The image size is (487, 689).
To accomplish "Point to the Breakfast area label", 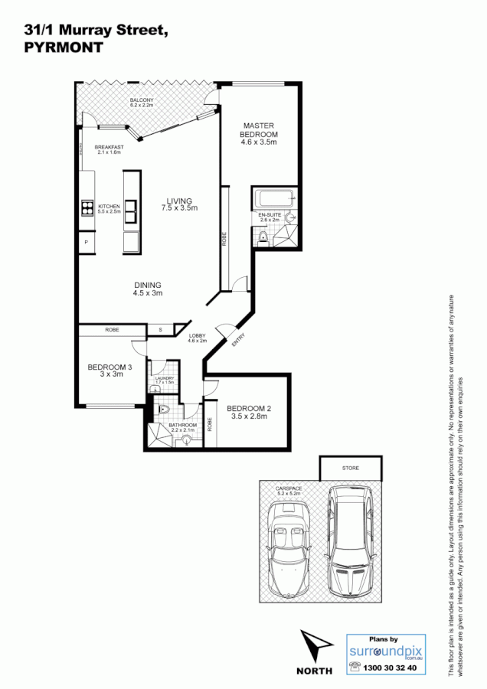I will point(109,149).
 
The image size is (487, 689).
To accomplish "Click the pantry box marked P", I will point(86,243).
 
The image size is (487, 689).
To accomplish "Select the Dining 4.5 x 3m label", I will point(147,289).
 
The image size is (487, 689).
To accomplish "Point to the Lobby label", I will point(197,338).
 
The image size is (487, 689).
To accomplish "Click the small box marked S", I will point(160,329).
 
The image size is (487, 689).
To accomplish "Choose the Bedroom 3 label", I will point(109,371).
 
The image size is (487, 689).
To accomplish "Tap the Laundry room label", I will point(165,380).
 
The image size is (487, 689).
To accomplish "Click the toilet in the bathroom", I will point(162,411).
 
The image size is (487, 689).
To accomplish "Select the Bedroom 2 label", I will point(250,412).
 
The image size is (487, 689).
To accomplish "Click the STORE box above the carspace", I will point(350,468).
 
